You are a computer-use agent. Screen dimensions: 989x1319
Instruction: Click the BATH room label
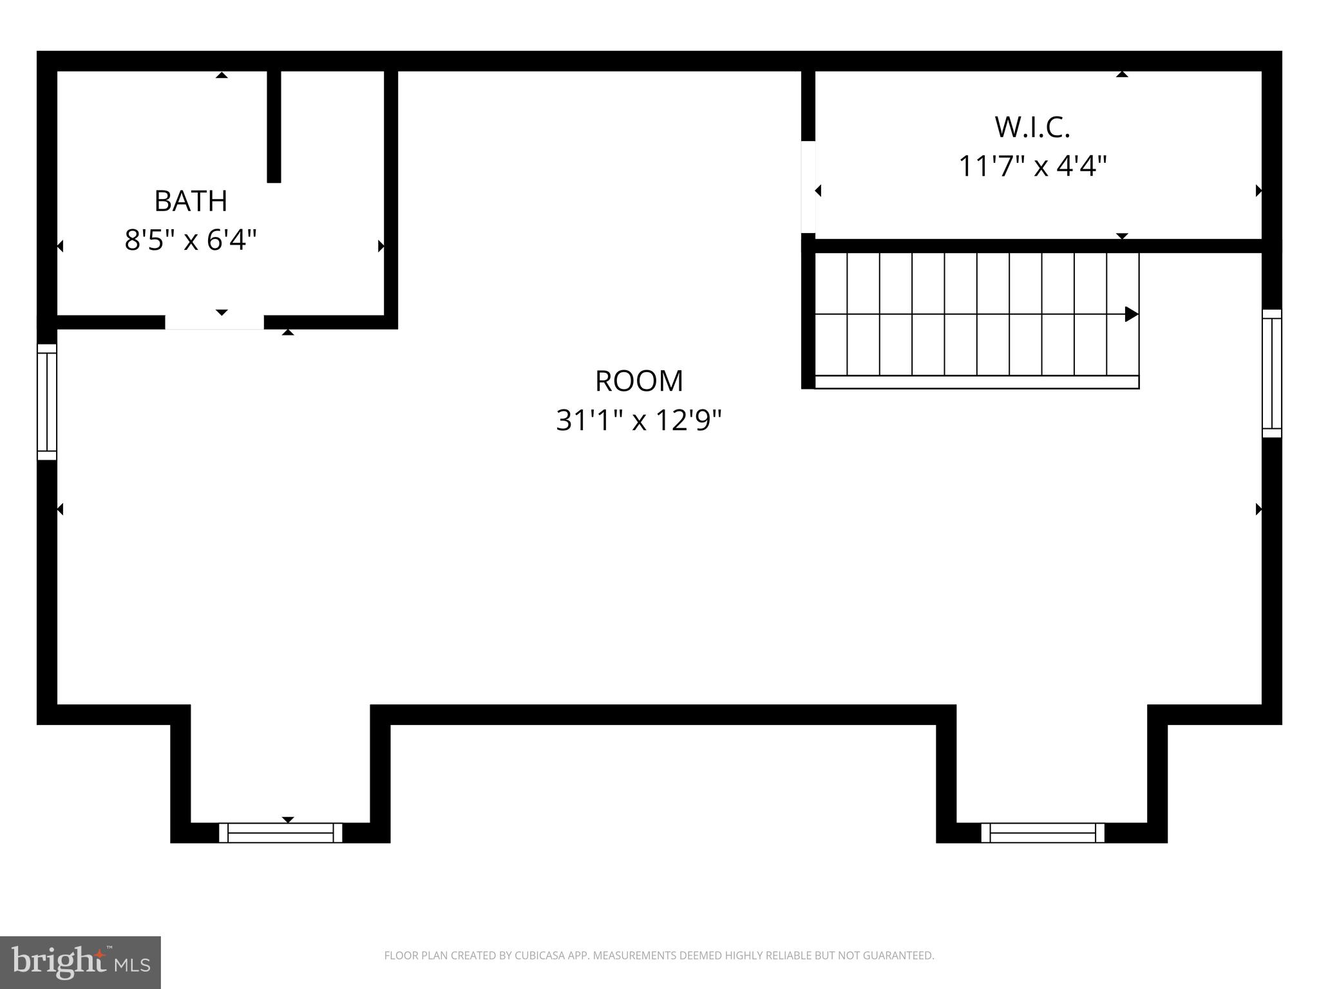point(191,202)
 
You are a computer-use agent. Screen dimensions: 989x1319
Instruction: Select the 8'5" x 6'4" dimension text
point(191,241)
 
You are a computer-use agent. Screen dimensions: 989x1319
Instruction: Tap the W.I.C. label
point(1032,127)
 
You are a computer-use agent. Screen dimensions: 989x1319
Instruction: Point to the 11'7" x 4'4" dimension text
point(1032,167)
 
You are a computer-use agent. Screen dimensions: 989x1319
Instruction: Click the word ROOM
point(639,381)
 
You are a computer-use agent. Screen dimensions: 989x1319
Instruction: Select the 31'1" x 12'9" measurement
point(639,421)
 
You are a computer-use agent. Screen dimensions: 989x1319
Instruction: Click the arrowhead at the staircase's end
point(1131,314)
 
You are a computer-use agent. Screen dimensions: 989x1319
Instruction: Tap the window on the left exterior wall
point(47,402)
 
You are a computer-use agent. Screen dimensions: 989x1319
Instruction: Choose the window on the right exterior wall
point(1271,373)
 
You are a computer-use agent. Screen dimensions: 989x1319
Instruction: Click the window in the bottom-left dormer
point(280,833)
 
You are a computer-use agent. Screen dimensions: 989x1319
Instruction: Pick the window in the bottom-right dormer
point(1042,833)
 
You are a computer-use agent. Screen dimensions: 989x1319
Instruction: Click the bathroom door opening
point(214,322)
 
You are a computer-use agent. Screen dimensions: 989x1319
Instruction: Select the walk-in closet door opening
point(808,187)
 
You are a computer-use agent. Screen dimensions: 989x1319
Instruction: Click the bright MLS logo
point(80,962)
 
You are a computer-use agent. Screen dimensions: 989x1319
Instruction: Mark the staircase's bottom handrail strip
point(976,382)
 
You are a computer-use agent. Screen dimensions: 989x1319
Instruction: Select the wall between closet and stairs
point(1037,245)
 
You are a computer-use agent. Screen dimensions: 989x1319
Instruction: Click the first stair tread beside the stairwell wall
point(831,314)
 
